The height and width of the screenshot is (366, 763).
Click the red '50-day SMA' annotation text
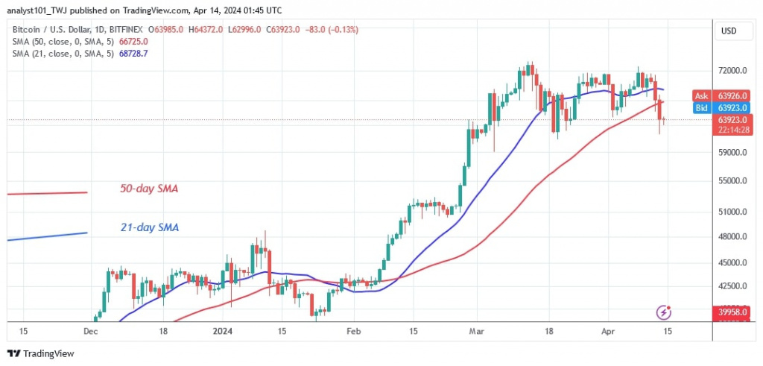(149, 189)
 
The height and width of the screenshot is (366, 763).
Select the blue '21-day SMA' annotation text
(149, 227)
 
